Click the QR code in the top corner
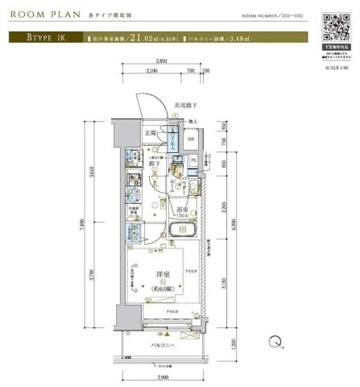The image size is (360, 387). click(x=333, y=26)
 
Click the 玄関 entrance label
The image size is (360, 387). click(x=151, y=132)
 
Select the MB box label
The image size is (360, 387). click(x=190, y=139)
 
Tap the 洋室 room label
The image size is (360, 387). click(x=163, y=275)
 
